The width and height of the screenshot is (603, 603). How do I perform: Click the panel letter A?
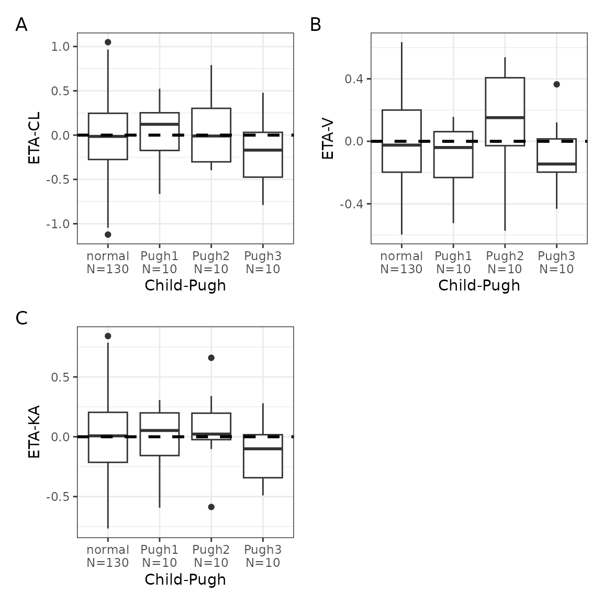point(21,25)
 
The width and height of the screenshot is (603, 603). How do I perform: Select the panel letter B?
point(315,25)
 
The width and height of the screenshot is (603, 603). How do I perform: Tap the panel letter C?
point(21,318)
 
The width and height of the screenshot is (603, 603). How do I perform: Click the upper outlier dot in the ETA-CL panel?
point(108,42)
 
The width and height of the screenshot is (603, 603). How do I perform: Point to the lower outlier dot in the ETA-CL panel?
point(108,234)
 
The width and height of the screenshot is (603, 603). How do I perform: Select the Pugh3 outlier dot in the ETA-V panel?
point(556,84)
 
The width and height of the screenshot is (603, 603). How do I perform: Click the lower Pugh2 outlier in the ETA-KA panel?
point(211,507)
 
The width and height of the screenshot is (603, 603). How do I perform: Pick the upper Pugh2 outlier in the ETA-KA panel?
point(211,358)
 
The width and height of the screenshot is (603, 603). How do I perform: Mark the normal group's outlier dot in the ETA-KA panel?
point(108,336)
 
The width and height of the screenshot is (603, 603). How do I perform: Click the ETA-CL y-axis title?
point(35,138)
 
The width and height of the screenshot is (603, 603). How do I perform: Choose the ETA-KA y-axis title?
point(35,432)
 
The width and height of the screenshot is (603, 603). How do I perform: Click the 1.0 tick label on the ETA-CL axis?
point(60,47)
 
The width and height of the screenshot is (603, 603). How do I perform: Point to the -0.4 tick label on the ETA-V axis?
point(351,204)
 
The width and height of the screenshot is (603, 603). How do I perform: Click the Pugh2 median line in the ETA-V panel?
point(505,117)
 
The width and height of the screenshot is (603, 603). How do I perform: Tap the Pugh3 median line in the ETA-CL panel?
point(263,150)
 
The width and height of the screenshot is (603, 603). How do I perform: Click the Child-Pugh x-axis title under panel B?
point(479,285)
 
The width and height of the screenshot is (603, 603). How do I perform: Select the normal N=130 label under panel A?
point(108,263)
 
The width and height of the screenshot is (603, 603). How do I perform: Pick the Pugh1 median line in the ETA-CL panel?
point(159,124)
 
